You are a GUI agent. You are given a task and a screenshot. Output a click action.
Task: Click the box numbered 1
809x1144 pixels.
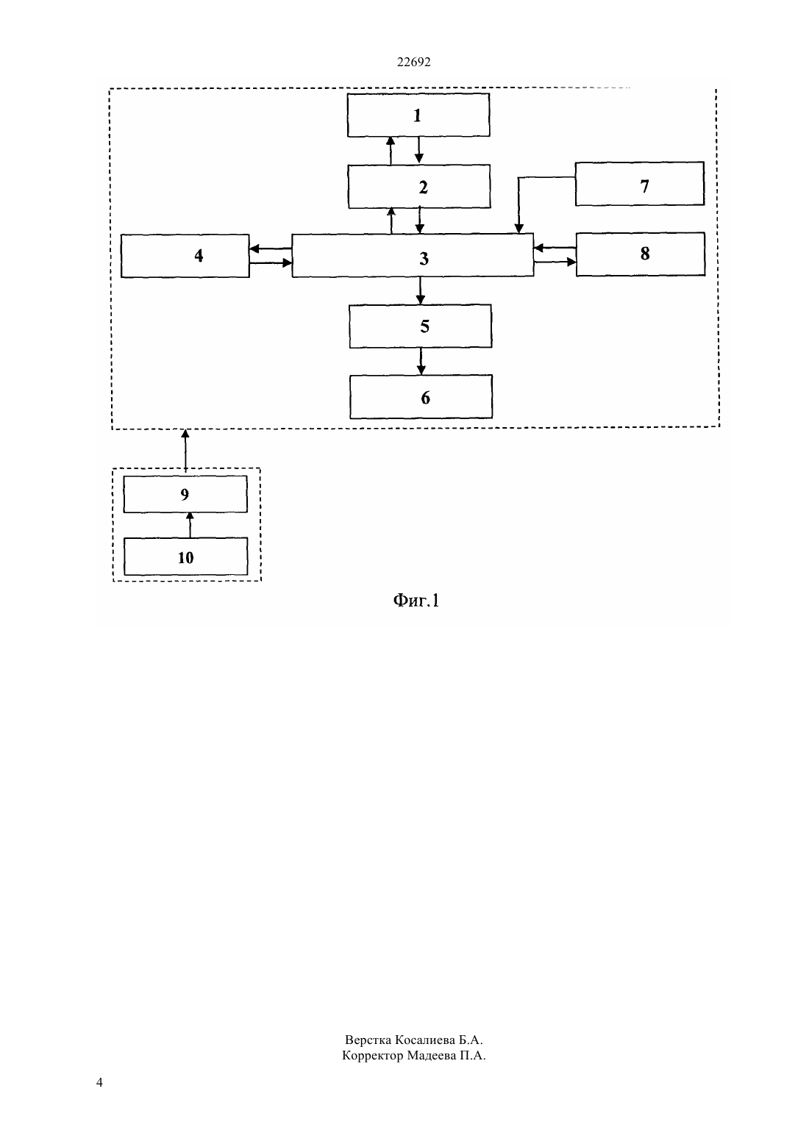418,115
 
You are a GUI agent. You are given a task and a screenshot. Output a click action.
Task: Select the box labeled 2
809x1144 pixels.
419,187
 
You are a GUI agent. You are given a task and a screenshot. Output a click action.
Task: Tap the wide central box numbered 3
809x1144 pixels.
413,255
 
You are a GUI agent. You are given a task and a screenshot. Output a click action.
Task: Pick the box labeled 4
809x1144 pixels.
185,256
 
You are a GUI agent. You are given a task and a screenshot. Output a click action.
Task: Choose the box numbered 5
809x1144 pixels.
421,326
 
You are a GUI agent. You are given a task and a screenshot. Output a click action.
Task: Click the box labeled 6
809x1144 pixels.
421,397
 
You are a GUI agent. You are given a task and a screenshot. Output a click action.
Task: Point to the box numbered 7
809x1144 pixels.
639,184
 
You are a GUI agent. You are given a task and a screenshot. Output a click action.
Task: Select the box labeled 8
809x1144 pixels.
641,254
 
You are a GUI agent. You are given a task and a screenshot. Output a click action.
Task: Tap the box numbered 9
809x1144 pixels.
185,494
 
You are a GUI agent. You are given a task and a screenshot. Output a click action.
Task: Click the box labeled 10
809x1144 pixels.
186,556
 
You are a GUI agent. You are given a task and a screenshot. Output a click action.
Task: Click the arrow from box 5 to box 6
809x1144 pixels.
421,362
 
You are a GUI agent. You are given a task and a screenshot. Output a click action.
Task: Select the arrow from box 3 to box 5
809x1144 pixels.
421,291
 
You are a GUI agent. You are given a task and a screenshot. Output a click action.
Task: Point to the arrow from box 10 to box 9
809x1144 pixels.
190,525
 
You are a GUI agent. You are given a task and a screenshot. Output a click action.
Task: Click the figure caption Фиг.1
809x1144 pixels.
416,600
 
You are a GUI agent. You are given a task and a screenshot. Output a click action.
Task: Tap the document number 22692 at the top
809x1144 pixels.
413,62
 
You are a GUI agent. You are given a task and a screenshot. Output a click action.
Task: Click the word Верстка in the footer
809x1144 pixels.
368,1040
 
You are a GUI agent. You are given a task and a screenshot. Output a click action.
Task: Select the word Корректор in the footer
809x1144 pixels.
372,1055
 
